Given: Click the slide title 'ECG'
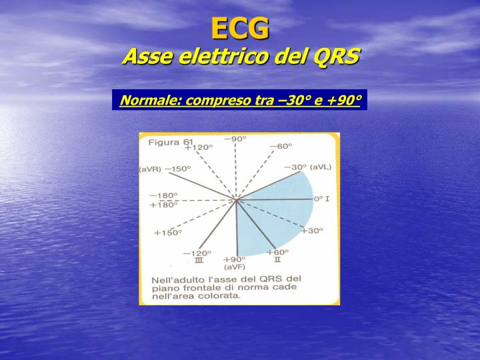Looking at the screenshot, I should [240, 28].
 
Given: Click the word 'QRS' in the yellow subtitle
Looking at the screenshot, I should [335, 57].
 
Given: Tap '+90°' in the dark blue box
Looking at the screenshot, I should [344, 101].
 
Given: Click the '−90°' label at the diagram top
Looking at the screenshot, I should [235, 139].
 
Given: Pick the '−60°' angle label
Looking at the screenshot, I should [281, 146].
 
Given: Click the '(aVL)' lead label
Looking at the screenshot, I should [320, 167].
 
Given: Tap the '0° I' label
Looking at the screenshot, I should [323, 199].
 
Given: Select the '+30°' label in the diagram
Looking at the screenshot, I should [311, 231].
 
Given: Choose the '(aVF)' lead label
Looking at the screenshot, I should [235, 267].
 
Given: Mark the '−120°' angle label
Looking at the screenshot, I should [197, 253].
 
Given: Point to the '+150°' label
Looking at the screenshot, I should [167, 233].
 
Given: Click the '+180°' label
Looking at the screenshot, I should [163, 205].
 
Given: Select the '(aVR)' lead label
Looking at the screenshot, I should [150, 169].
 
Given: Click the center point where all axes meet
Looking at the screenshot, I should [235, 199].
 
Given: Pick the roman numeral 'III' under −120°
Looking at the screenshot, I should [198, 261].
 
